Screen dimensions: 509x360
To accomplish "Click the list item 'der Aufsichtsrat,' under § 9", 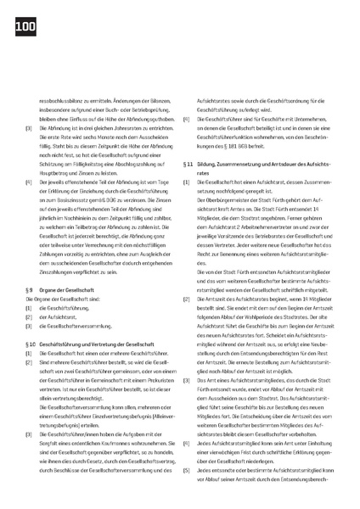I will pyautogui.click(x=55, y=316).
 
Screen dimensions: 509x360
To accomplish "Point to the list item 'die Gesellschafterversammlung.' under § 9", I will pyautogui.click(x=77, y=325).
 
